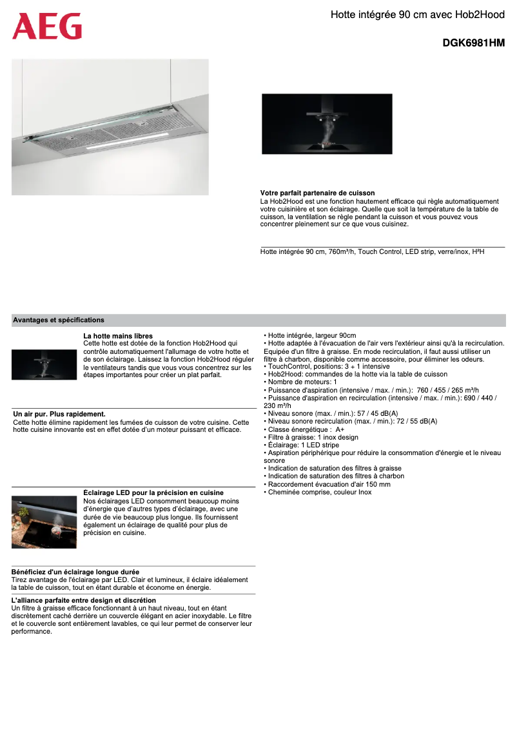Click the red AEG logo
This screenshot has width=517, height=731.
pyautogui.click(x=47, y=26)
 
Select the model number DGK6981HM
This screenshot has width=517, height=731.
pyautogui.click(x=473, y=44)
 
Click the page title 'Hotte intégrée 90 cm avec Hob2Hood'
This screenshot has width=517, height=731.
pyautogui.click(x=417, y=14)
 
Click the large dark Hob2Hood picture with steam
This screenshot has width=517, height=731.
pyautogui.click(x=327, y=124)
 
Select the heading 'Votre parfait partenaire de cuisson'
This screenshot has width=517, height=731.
pyautogui.click(x=317, y=193)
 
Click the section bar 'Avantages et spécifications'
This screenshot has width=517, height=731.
pyautogui.click(x=59, y=320)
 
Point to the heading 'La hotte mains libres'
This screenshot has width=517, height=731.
pyautogui.click(x=118, y=336)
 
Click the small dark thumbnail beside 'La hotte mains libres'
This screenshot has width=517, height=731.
pyautogui.click(x=44, y=364)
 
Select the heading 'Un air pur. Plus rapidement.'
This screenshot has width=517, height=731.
pyautogui.click(x=59, y=414)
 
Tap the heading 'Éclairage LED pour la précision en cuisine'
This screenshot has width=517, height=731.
pyautogui.click(x=153, y=492)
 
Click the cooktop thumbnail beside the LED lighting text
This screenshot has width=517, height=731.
pyautogui.click(x=44, y=522)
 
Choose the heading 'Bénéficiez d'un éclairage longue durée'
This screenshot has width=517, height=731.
pyautogui.click(x=75, y=572)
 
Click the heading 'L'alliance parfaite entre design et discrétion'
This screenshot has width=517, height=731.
pyautogui.click(x=84, y=600)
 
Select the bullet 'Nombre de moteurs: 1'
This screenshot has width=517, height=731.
pyautogui.click(x=302, y=382)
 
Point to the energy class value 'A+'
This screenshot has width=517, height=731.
pyautogui.click(x=340, y=429)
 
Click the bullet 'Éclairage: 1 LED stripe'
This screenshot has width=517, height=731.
pyautogui.click(x=303, y=445)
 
